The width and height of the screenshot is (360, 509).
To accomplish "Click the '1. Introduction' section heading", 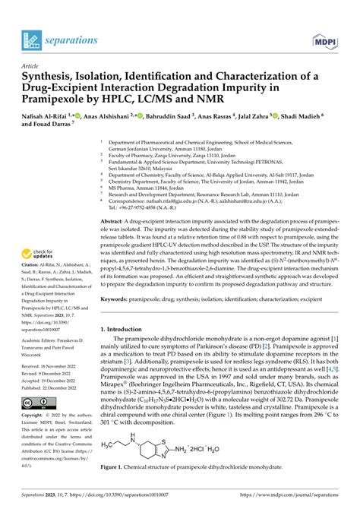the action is pyautogui.click(x=129, y=308).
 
